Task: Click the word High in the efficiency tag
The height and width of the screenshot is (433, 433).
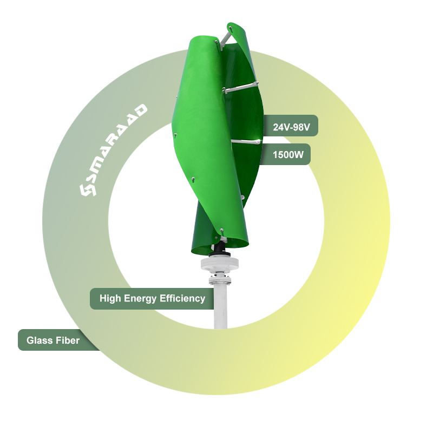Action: (x=110, y=298)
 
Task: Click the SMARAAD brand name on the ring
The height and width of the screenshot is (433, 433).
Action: (x=116, y=146)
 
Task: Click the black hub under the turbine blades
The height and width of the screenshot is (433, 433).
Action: (x=220, y=248)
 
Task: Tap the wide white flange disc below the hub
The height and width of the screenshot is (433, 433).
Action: (x=219, y=264)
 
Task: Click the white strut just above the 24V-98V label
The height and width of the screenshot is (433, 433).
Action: (x=244, y=87)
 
